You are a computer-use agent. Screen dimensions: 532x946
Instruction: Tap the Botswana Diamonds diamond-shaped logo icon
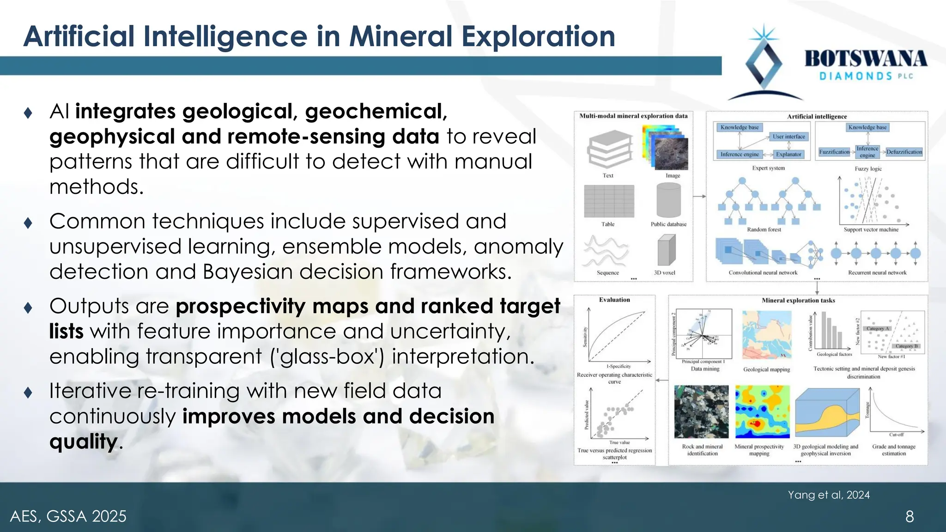coord(764,63)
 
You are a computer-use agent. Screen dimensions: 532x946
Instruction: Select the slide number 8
coord(909,516)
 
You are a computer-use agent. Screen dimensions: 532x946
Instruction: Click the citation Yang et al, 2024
coord(828,495)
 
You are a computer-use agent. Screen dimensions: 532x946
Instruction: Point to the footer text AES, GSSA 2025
coord(68,516)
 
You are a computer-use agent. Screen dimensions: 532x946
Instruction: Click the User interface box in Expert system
coord(788,137)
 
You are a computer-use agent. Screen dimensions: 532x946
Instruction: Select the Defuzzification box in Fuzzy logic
coord(904,152)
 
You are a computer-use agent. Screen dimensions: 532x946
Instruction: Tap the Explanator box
coord(788,154)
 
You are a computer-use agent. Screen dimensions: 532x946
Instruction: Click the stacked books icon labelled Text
coord(609,149)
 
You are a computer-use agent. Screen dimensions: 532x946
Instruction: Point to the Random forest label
coord(764,230)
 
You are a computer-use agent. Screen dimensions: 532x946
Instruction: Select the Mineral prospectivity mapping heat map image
coord(762,411)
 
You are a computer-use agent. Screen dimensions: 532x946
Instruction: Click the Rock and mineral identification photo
coord(701,411)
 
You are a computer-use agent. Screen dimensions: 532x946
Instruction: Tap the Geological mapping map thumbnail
coord(766,335)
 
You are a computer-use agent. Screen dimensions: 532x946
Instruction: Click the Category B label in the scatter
coord(906,346)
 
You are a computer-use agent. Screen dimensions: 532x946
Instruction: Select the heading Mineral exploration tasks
coord(798,301)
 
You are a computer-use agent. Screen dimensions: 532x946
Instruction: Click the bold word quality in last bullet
coord(83,441)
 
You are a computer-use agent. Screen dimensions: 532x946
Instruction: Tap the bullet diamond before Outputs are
coord(28,308)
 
